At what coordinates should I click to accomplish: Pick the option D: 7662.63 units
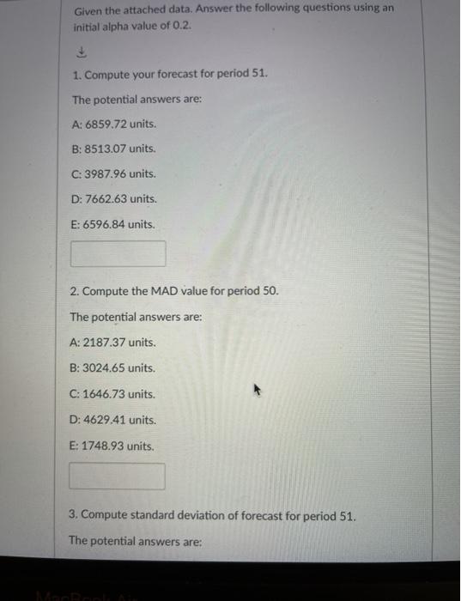(x=114, y=198)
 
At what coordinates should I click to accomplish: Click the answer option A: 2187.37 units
(x=112, y=342)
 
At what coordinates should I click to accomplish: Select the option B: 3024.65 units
(x=112, y=367)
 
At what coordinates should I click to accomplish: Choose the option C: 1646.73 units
(x=112, y=394)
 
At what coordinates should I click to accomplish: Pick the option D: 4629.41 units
(x=112, y=420)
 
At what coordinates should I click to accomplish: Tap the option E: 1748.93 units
(x=112, y=446)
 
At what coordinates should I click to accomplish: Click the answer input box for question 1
(x=118, y=253)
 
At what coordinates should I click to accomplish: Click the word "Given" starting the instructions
(x=88, y=9)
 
